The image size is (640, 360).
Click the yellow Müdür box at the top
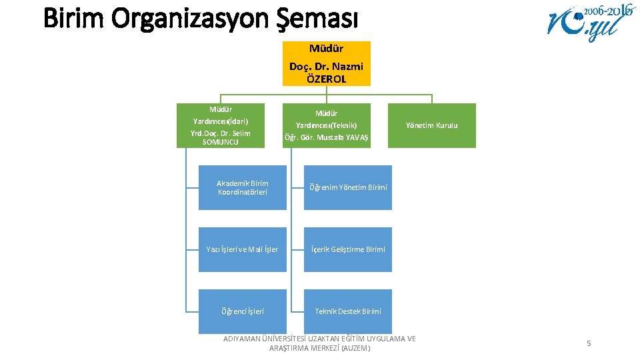click(x=326, y=63)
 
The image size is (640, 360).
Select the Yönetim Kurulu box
click(x=432, y=125)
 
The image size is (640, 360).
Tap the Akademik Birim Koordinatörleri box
click(x=242, y=188)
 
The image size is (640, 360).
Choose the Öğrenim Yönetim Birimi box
click(x=347, y=188)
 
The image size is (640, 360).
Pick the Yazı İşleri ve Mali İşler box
click(x=242, y=249)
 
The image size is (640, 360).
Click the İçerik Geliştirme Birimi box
click(x=347, y=249)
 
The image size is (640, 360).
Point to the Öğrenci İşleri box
click(x=242, y=311)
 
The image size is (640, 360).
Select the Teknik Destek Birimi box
click(x=347, y=311)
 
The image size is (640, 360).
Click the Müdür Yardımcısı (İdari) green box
click(x=220, y=125)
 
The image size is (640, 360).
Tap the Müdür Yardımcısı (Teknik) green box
click(x=326, y=125)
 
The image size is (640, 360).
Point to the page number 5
click(x=589, y=343)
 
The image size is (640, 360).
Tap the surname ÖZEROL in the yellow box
click(x=326, y=79)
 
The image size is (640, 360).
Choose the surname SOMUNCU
click(x=220, y=142)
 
